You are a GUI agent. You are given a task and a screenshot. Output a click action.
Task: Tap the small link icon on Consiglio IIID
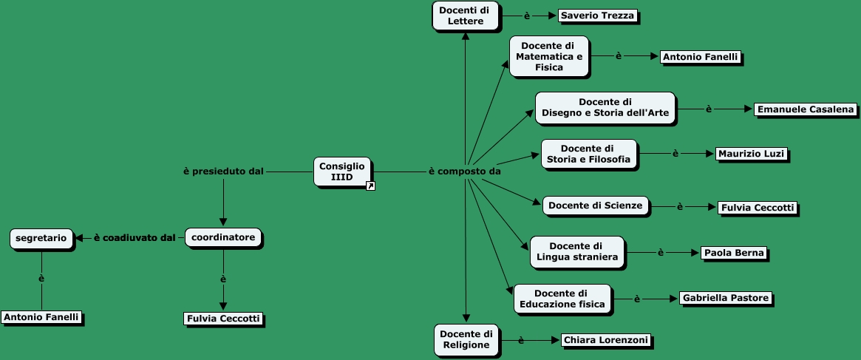tap(370, 186)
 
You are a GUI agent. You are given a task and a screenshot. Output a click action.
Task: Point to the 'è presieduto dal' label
tap(223, 171)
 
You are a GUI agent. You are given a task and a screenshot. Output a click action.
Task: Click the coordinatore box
tap(223, 237)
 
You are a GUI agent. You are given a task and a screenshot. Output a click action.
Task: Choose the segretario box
tap(41, 238)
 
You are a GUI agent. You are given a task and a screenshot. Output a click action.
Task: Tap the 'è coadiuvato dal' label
tap(134, 238)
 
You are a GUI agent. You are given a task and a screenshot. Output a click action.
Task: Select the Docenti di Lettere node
tap(465, 16)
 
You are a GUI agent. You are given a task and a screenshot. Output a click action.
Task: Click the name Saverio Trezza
tap(597, 16)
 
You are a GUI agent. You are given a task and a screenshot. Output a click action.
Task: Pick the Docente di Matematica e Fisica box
tap(548, 56)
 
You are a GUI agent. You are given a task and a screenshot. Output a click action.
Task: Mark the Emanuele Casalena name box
tap(806, 109)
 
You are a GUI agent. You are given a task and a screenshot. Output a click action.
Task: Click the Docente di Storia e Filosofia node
tap(588, 154)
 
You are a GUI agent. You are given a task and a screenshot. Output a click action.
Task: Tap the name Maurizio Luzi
tap(751, 154)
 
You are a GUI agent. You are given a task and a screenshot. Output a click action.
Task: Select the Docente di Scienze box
tap(596, 206)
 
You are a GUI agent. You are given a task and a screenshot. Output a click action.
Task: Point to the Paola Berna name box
tap(733, 253)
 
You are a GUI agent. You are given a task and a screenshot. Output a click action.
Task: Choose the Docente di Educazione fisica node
tap(562, 298)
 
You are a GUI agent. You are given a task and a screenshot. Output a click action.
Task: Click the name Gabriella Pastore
tap(726, 298)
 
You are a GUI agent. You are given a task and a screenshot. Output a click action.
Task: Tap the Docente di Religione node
tap(466, 339)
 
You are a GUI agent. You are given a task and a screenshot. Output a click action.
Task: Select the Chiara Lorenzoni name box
tap(605, 340)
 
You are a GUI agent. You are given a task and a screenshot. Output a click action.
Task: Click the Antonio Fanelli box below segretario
tap(41, 317)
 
